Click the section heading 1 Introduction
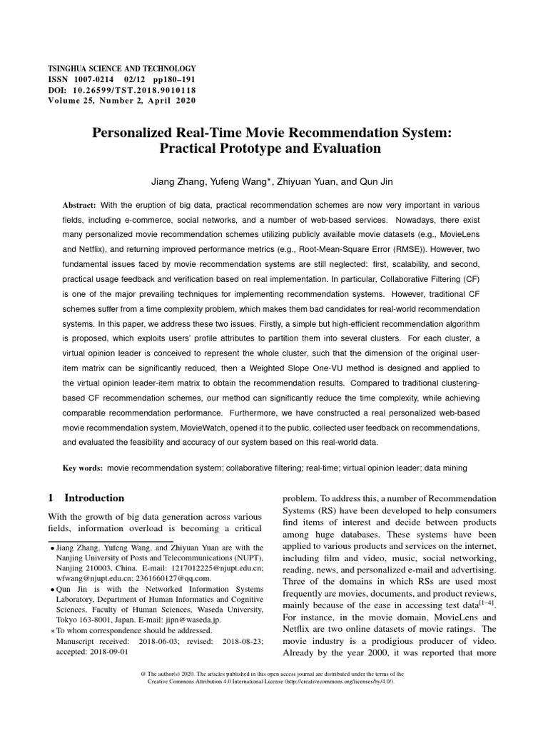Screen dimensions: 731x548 (x=86, y=498)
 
